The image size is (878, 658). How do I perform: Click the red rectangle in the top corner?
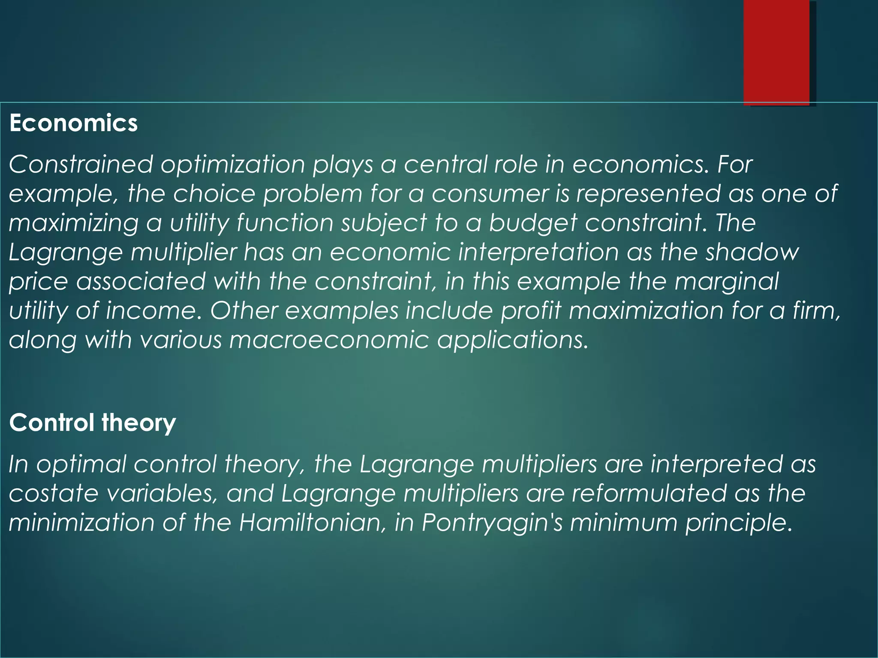(x=776, y=52)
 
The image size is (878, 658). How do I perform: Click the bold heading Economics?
(x=73, y=123)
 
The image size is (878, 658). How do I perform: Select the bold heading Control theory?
(x=93, y=423)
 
